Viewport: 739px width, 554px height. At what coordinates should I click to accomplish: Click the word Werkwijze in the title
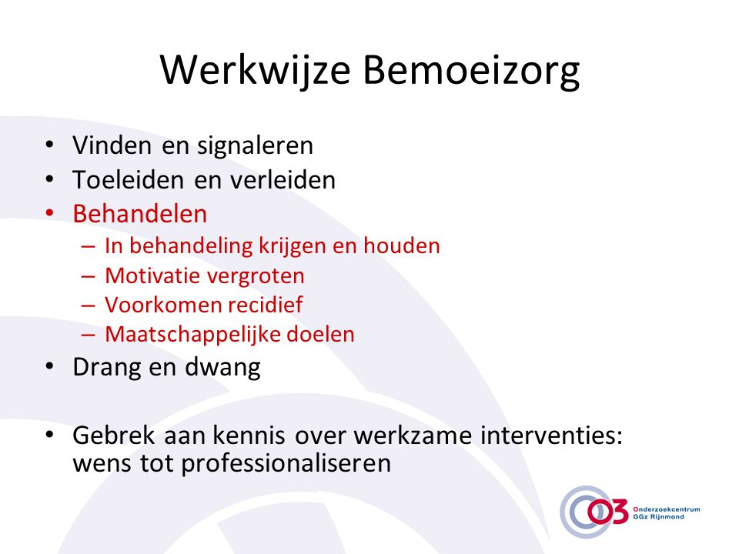[255, 71]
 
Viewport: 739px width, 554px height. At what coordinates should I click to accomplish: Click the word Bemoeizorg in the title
[471, 71]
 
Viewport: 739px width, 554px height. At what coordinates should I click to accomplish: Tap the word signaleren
[255, 145]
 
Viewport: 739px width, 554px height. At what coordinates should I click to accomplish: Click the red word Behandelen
[140, 213]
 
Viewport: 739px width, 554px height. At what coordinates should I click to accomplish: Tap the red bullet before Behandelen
[50, 213]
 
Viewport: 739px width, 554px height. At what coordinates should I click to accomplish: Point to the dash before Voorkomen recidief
[88, 305]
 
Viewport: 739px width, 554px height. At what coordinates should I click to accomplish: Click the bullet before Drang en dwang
[50, 366]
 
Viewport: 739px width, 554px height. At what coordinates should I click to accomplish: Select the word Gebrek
[114, 435]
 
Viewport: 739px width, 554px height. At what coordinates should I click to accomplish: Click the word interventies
[551, 435]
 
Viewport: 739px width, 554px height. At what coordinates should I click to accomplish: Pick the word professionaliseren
[286, 463]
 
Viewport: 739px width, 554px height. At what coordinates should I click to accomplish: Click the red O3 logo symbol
[608, 512]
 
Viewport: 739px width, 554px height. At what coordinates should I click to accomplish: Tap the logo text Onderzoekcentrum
[667, 509]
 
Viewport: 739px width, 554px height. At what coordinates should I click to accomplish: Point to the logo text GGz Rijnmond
[658, 517]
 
